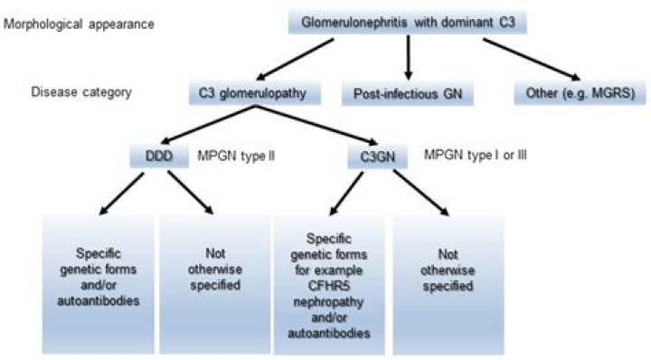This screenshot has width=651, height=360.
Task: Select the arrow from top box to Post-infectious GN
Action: [410, 58]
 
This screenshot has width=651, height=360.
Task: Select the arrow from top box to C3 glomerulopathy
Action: [298, 58]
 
